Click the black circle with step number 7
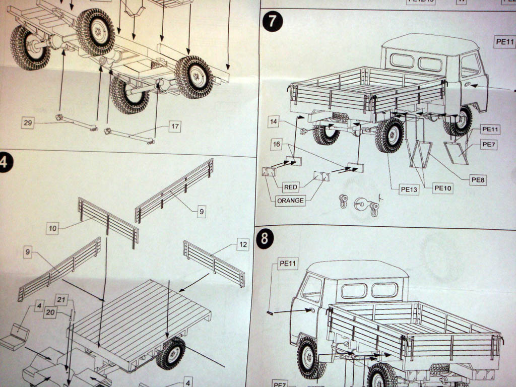273,22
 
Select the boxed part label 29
28,122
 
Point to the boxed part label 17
174,126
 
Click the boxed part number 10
53,228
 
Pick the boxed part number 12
243,245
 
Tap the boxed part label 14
274,121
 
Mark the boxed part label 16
276,144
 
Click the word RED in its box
291,187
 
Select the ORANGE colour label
291,200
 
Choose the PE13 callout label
409,189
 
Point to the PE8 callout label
477,179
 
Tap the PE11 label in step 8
288,263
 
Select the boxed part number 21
61,299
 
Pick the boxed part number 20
50,312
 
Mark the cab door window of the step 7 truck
470,64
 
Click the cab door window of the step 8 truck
312,289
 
